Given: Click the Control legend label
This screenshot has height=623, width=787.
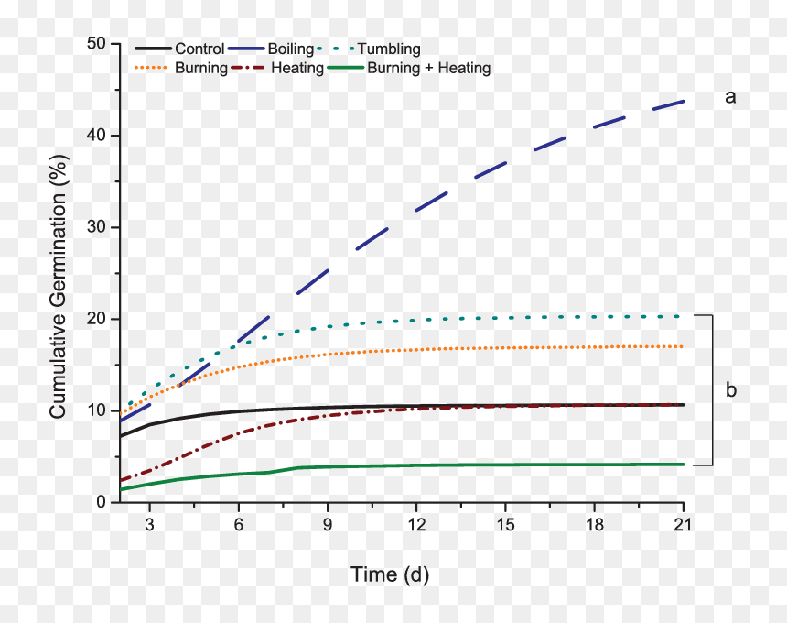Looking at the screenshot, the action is point(199,49).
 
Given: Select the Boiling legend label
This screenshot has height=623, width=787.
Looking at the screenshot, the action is point(291,49).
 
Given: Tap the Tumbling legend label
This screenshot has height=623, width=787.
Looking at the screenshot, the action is point(389,49).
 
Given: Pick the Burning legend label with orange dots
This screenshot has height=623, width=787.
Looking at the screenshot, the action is point(201,68).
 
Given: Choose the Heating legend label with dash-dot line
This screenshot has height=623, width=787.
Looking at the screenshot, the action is point(297,68).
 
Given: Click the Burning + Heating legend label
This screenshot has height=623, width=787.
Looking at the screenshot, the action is point(428,68).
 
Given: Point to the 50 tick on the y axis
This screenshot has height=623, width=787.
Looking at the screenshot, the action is point(96,44).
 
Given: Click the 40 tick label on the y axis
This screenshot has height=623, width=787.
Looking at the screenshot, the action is point(96,136).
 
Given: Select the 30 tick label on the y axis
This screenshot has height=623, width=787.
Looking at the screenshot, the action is point(96,227).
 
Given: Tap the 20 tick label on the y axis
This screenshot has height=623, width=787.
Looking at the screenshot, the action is point(96,319).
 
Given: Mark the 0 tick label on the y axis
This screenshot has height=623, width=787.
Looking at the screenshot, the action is point(102,502).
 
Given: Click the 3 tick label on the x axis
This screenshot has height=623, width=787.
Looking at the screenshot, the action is point(149,525).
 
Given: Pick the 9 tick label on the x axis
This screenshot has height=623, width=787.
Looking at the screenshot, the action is point(328,525).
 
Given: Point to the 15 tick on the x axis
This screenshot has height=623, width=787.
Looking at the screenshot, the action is point(505,525).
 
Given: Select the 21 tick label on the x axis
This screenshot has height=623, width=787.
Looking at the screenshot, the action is point(683,525).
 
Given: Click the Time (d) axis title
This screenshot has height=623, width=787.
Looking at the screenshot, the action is point(390,574).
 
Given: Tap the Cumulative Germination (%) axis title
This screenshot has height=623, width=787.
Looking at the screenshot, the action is point(59,287).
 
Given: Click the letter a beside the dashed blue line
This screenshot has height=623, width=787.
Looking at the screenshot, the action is point(730,97).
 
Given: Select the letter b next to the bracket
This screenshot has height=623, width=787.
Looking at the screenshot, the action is point(731,389).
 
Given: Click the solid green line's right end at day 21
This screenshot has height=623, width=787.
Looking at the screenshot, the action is point(683,465).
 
